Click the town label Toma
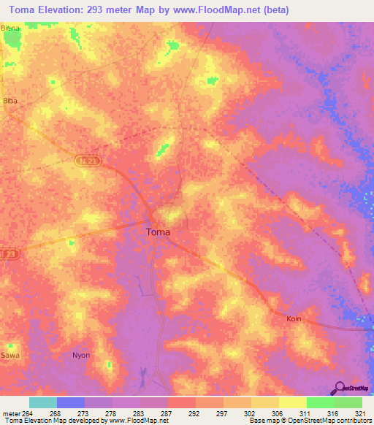pos(159,232)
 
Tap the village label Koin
pos(294,319)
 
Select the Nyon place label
pos(80,356)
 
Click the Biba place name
pos(10,99)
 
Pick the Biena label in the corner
pos(10,28)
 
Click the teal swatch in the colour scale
pos(42,402)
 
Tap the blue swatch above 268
pos(70,402)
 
